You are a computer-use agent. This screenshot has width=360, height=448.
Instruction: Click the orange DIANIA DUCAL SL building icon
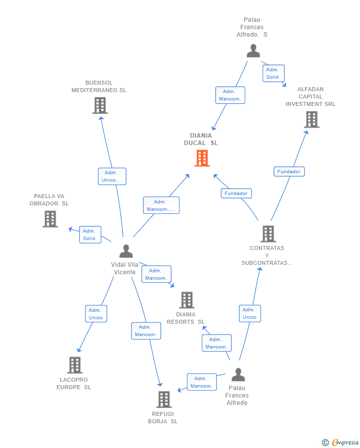click(x=202, y=158)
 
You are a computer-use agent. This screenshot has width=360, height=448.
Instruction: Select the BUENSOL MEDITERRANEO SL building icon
click(x=100, y=105)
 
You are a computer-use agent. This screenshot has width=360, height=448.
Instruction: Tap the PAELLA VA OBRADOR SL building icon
click(x=50, y=219)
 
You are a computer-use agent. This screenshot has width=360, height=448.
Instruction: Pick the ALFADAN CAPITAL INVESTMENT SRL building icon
click(x=311, y=119)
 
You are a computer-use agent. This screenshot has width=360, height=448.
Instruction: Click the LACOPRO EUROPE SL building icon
click(x=75, y=365)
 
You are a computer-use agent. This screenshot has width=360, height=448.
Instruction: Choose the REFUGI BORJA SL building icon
click(x=164, y=399)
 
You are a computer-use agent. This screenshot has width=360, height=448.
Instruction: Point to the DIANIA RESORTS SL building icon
click(x=186, y=300)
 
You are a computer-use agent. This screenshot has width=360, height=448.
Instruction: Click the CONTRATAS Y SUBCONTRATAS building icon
click(x=268, y=234)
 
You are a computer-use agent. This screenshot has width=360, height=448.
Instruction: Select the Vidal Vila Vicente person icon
click(x=126, y=251)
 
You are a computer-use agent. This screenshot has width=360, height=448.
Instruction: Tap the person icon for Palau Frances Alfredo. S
click(x=253, y=50)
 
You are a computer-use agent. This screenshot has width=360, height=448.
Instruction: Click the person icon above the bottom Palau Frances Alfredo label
click(x=238, y=375)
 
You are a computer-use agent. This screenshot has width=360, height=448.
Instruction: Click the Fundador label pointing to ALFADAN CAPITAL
click(x=289, y=171)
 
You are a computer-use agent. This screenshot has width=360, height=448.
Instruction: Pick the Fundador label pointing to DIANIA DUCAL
click(x=236, y=193)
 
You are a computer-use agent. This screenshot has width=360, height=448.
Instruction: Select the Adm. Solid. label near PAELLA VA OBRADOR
click(x=90, y=235)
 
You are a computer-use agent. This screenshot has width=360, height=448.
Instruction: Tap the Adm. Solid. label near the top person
click(x=273, y=73)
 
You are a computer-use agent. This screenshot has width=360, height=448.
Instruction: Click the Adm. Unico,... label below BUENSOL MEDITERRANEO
click(x=112, y=176)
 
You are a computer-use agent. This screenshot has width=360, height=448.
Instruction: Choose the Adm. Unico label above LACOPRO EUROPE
click(x=96, y=314)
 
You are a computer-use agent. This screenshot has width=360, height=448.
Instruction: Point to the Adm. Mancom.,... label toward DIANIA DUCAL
click(x=161, y=205)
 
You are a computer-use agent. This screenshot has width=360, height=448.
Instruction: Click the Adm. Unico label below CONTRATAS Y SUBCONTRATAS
click(x=250, y=313)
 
